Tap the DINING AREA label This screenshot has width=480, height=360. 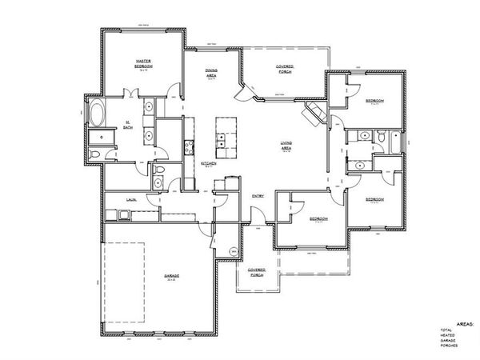pos(212,74)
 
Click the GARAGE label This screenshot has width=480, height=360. pos(172,277)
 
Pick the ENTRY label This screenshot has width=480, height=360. pos(258,195)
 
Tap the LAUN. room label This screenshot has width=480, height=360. pos(130,199)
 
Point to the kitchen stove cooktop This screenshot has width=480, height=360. pos(189,146)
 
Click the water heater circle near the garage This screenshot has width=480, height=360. pos(234,251)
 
